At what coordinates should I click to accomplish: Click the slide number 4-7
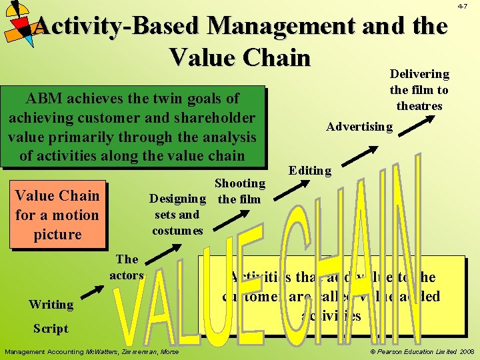(x=461, y=6)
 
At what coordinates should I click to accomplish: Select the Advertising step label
(x=359, y=127)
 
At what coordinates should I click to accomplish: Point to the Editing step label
(x=310, y=171)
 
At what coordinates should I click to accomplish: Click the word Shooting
(x=239, y=183)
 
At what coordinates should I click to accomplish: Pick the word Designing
(x=177, y=198)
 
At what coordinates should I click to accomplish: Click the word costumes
(x=177, y=231)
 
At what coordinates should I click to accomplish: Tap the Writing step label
(x=51, y=305)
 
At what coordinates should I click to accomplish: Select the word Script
(x=51, y=328)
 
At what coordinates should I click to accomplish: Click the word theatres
(x=419, y=106)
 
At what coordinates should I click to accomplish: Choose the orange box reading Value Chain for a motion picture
(x=57, y=215)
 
